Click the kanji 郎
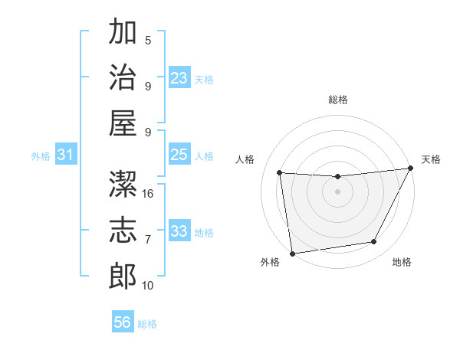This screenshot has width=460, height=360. point(123,276)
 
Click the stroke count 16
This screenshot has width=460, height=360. point(149,194)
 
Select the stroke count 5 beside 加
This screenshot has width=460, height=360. point(148,40)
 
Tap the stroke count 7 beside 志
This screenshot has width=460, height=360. point(148,240)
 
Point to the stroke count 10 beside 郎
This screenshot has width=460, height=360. point(149,286)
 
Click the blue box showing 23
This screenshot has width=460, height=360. point(179,78)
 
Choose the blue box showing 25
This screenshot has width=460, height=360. point(179,155)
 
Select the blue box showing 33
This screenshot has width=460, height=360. point(179,231)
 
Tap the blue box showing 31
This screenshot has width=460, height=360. point(66,155)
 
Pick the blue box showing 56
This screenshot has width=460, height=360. point(123,322)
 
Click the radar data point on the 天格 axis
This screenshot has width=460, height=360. point(410,169)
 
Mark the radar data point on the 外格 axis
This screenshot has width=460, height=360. point(291,253)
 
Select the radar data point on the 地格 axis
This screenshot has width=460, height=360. point(374,242)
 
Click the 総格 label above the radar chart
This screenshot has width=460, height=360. point(338,100)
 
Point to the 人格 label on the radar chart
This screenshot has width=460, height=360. point(245,159)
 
